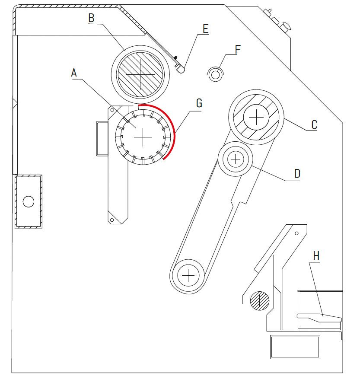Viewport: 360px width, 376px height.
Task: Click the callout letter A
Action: click(74, 73)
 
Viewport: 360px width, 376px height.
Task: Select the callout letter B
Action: click(91, 18)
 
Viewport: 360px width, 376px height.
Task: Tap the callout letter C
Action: click(314, 125)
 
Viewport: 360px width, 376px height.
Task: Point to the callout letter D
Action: click(296, 174)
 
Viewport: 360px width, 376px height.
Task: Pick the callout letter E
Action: click(205, 29)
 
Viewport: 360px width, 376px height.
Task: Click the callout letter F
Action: click(237, 49)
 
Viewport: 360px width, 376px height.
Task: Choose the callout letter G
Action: click(199, 103)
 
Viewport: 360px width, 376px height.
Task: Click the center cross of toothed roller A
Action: click(143, 136)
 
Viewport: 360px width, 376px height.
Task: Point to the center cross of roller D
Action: click(235, 160)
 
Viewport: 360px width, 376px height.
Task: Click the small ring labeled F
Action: click(216, 74)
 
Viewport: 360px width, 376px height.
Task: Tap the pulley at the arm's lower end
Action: click(188, 274)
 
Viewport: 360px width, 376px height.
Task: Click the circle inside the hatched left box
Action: click(29, 201)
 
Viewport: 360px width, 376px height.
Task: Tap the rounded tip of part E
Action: click(181, 68)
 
